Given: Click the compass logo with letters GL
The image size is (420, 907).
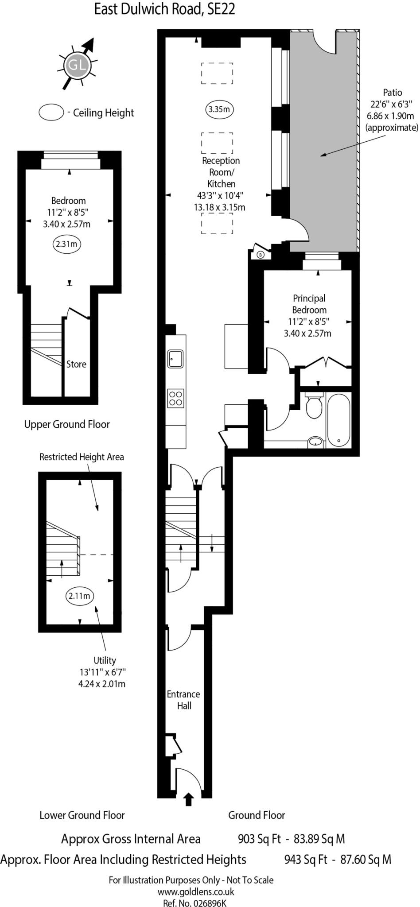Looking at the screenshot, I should [x=77, y=65].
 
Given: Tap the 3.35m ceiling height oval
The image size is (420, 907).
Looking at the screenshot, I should [x=219, y=109].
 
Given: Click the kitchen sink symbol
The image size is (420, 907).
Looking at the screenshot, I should [x=175, y=358].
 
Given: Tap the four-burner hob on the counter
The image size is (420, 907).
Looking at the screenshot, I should [x=175, y=397].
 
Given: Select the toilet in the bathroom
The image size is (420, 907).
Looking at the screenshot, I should [x=315, y=406].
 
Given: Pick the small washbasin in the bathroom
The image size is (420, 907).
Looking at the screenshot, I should [x=315, y=441].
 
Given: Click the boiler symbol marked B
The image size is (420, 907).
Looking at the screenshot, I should [x=261, y=254].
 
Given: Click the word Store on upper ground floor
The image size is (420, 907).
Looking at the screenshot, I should [x=76, y=364].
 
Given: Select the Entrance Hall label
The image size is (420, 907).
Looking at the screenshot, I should [x=183, y=700].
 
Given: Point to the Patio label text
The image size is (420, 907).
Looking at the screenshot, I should [x=392, y=93].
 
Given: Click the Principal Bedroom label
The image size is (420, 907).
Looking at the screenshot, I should [x=309, y=304].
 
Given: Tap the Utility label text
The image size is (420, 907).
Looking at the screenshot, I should [x=105, y=660].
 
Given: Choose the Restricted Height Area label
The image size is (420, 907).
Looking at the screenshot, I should [x=82, y=457].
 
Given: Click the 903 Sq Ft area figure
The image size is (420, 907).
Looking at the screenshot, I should [x=260, y=838].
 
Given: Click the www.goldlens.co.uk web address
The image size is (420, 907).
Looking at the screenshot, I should [x=196, y=891].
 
